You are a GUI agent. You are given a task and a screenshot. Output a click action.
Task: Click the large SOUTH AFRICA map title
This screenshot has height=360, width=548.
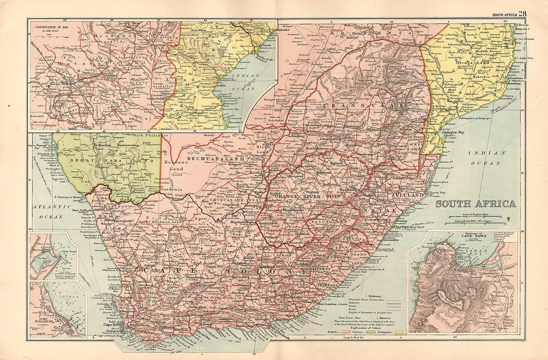pos(475,204)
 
